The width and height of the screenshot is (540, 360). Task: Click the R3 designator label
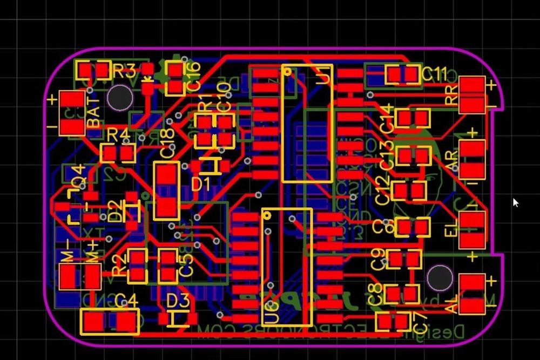[124, 71]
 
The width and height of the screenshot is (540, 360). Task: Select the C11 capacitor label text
[435, 73]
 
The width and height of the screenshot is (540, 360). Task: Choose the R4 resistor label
[118, 134]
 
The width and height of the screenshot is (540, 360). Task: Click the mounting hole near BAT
[119, 98]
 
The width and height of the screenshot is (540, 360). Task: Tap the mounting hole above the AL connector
[440, 277]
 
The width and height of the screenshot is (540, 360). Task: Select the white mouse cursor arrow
[515, 202]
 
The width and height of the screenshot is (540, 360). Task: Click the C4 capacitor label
[126, 300]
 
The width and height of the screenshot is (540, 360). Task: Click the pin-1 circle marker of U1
[287, 71]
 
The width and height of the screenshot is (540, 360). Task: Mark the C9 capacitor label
[377, 260]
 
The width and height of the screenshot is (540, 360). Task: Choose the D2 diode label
[114, 210]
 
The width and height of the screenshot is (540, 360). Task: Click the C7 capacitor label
[422, 322]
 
